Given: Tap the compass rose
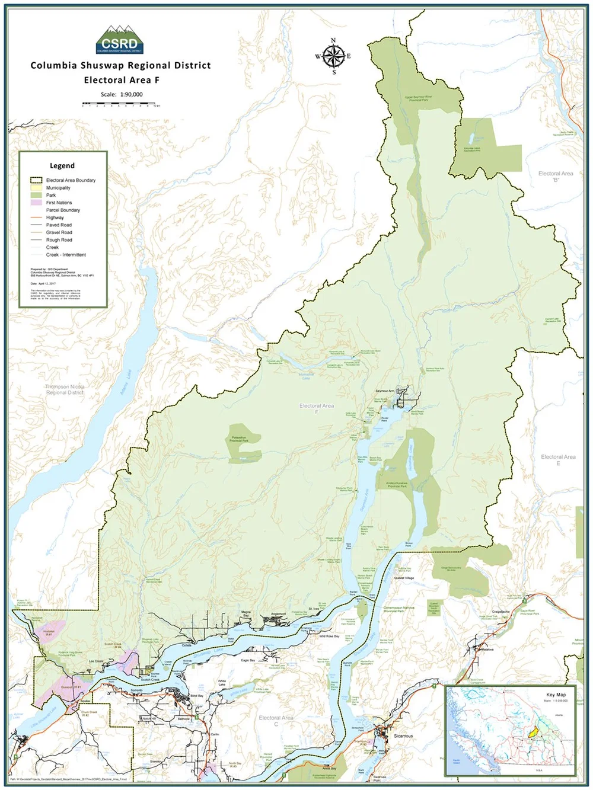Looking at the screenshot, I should click(333, 56).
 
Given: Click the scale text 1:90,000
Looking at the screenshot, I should click(122, 94).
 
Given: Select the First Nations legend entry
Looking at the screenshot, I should click(59, 203).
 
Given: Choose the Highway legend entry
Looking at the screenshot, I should click(55, 218).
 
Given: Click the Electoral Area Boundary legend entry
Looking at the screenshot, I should click(70, 180).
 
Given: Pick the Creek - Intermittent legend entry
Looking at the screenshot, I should click(66, 255).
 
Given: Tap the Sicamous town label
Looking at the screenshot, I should click(403, 735).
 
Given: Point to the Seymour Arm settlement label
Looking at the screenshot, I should click(385, 391).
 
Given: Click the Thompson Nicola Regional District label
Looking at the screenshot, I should click(65, 389).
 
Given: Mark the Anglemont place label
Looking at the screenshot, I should click(278, 614).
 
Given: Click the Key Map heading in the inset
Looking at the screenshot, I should click(556, 695).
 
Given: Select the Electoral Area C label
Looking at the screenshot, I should click(276, 721).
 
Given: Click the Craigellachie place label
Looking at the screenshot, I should click(500, 612).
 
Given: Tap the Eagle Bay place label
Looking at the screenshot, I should click(248, 660).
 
